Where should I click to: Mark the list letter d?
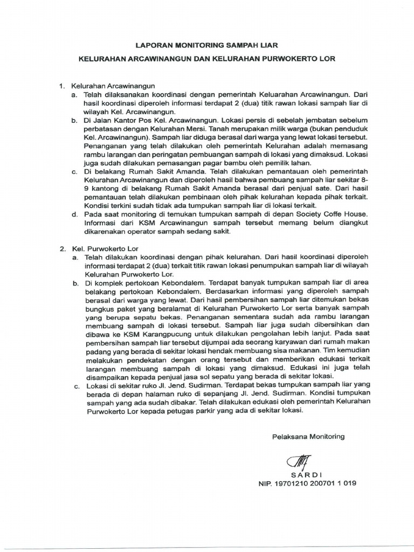point(74,215)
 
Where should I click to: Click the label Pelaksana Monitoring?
point(308,436)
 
